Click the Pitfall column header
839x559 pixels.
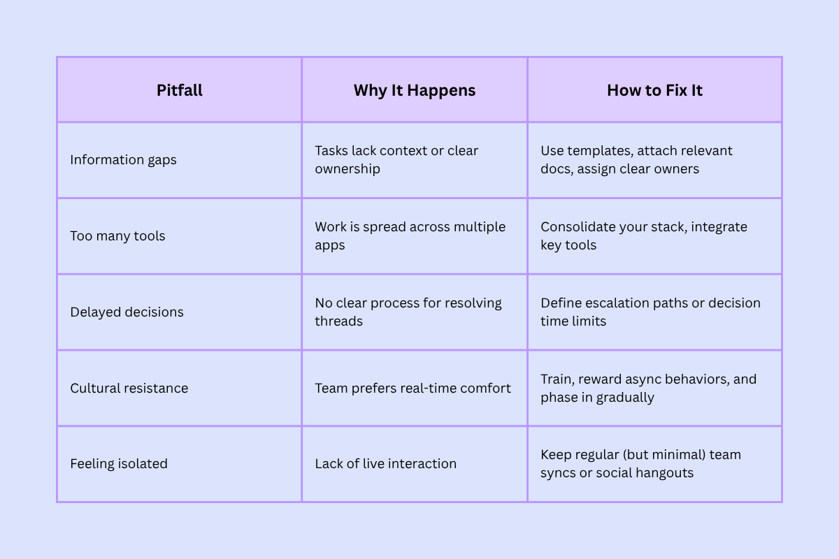click(x=180, y=90)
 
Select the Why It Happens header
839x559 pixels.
click(x=415, y=90)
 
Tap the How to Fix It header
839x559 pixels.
click(x=654, y=90)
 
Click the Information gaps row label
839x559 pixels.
click(x=123, y=160)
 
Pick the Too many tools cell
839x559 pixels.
click(x=117, y=236)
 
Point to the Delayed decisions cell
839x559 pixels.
click(x=127, y=312)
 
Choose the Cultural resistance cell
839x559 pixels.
click(x=129, y=389)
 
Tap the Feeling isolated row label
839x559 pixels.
click(x=119, y=464)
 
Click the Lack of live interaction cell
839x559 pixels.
click(x=385, y=464)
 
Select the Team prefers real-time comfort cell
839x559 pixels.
click(x=413, y=389)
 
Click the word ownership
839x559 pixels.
click(x=347, y=169)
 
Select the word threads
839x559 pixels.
click(x=338, y=321)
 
